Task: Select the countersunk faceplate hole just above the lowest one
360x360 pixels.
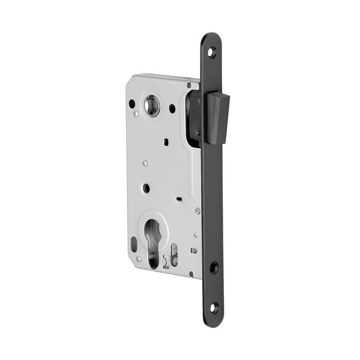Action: (x=214, y=267)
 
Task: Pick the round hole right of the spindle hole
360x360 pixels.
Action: (x=172, y=109)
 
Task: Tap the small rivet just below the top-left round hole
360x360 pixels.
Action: (x=136, y=114)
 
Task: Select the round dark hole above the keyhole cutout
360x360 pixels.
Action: (x=146, y=188)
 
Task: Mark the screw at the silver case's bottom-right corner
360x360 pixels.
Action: (x=191, y=274)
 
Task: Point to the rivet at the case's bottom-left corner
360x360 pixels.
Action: (x=138, y=259)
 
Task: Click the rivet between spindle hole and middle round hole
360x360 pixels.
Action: (x=145, y=164)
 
